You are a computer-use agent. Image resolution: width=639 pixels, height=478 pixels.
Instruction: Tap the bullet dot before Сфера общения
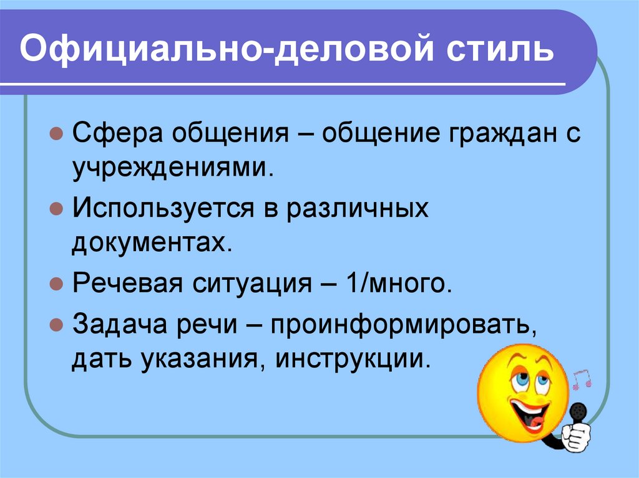point(56,135)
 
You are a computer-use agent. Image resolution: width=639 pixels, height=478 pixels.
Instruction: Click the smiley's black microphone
point(579,412)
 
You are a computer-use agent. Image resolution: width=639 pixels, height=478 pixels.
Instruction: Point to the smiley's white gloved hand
point(576,436)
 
